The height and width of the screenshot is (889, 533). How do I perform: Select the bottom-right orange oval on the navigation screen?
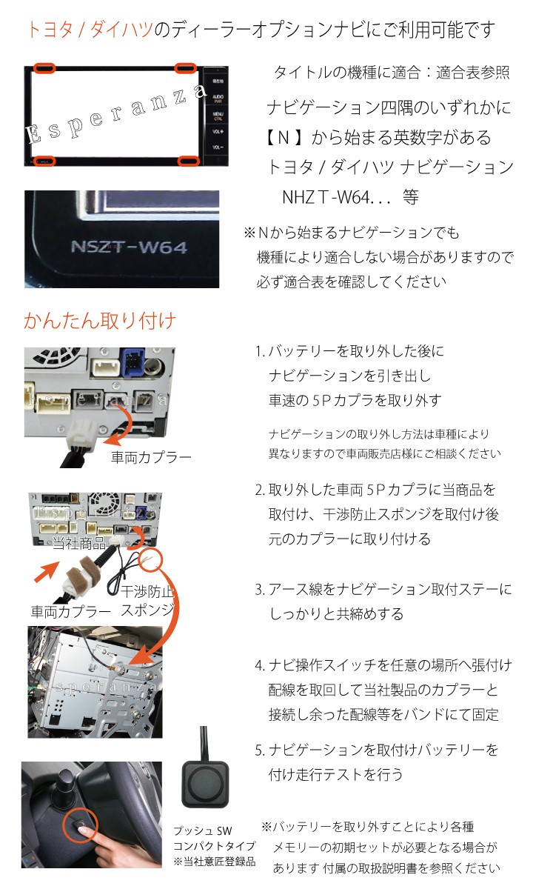187,160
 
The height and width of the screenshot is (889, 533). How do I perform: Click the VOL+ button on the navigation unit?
218,131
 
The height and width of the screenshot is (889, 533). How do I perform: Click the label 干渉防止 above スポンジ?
148,592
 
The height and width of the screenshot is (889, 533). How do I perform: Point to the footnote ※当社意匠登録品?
214,862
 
